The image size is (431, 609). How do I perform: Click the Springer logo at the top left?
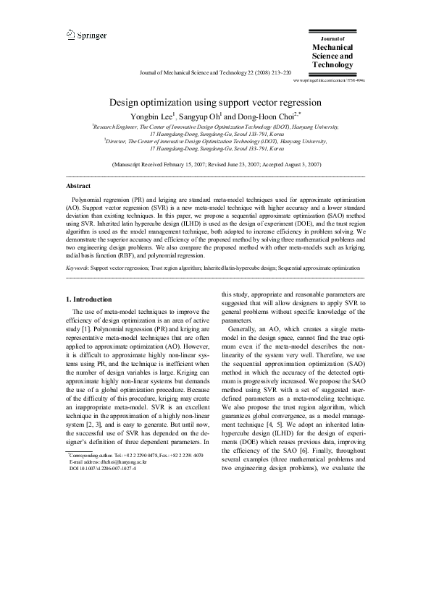[86, 34]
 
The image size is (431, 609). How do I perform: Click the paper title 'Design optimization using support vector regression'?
[215, 103]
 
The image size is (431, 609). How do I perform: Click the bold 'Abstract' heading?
[78, 185]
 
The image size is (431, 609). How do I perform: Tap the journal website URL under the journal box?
[329, 81]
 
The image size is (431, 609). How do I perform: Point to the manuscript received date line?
[215, 165]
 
